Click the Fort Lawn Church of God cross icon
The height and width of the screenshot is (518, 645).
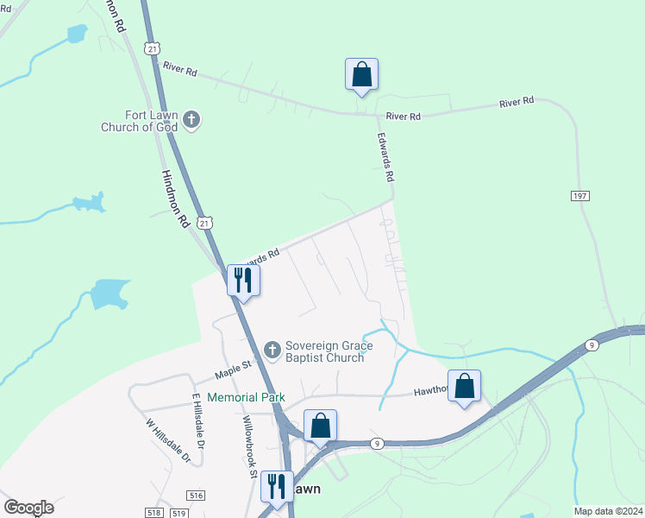coord(191,120)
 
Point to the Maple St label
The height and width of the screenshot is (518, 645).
coord(232,370)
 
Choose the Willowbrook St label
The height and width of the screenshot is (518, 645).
coord(249,446)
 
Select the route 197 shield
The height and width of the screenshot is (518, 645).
coord(579,197)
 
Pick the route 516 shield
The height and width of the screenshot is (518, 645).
coord(196,495)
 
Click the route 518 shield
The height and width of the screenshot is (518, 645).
coord(155,513)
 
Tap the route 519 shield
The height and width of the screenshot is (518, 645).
coord(179,513)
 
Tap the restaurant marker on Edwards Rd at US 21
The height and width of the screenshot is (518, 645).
coord(243,281)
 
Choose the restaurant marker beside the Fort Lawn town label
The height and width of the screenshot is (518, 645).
coord(277,487)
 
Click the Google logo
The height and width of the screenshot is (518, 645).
coord(28,508)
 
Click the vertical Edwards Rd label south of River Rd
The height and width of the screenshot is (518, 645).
coord(385,156)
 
